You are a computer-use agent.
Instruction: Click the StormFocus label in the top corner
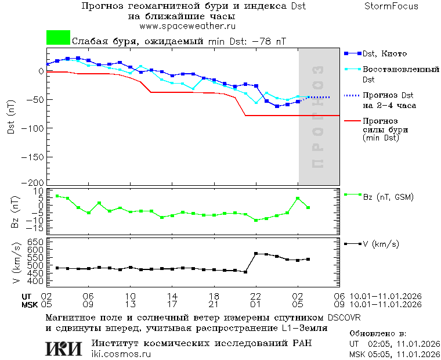[392, 6]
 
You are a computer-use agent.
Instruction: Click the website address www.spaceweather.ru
[187, 26]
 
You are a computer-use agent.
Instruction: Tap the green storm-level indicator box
[58, 38]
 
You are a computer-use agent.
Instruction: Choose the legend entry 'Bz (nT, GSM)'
[388, 197]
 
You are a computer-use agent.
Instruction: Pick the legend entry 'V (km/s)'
[381, 244]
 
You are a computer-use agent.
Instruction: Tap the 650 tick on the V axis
[35, 242]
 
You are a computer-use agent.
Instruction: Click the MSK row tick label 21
[214, 304]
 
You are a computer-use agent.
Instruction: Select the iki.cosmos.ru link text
[121, 354]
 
